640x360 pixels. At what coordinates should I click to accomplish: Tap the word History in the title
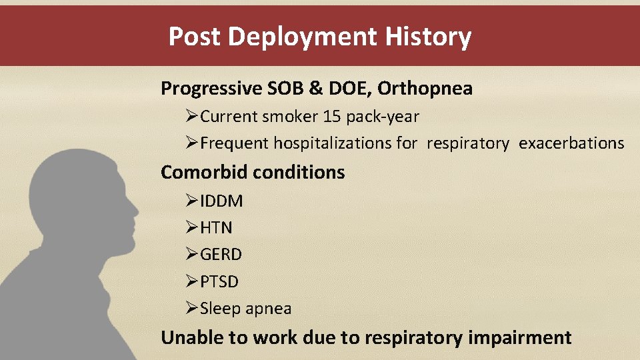pos(428,37)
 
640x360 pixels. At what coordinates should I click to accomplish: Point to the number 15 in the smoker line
pos(331,117)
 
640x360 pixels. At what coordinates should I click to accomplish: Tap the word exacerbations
pos(571,143)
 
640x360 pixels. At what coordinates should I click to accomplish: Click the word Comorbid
pos(205,172)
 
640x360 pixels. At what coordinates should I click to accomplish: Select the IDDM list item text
pos(221,201)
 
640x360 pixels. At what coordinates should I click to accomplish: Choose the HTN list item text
pos(216,228)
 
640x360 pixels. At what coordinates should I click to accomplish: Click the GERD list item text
pos(221,255)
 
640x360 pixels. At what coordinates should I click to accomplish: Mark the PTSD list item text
pos(219,282)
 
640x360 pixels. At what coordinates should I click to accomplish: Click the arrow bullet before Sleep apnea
pos(192,309)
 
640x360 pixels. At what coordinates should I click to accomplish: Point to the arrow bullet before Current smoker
pos(192,117)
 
